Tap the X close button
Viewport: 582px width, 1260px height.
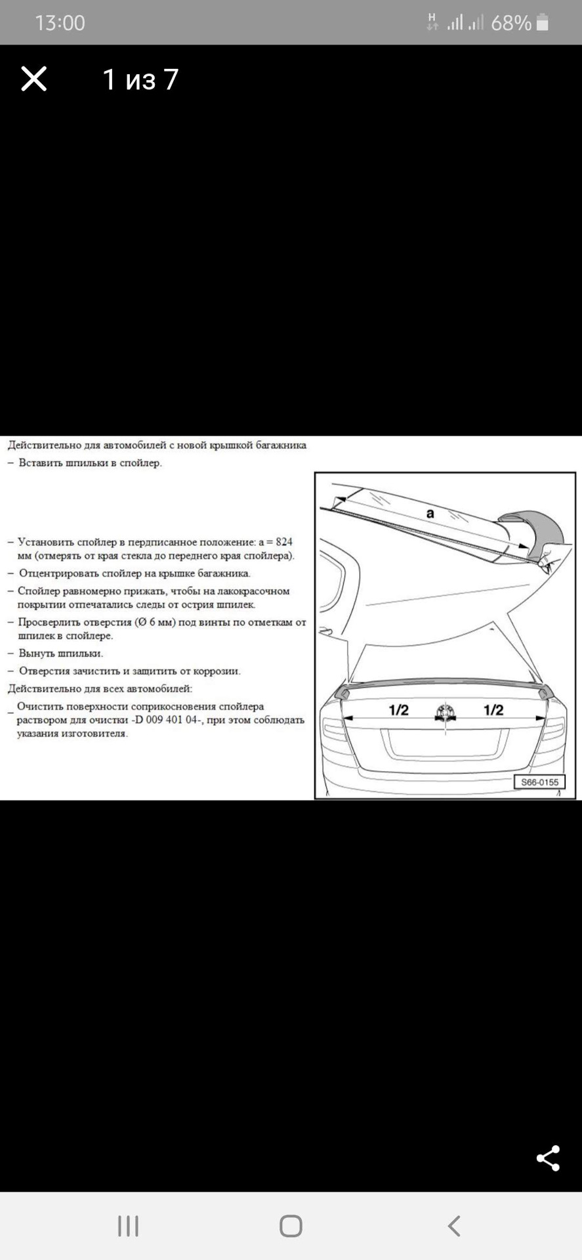point(33,79)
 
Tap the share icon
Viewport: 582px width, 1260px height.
point(548,1158)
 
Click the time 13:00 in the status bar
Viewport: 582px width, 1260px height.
point(60,23)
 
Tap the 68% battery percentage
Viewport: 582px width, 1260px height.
point(510,23)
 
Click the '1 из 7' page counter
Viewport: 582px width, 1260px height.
point(140,79)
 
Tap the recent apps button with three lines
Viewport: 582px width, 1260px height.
point(128,1225)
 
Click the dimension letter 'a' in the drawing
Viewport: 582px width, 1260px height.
point(430,513)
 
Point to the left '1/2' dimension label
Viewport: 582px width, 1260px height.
point(398,709)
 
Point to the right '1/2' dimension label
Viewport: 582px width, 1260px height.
point(493,709)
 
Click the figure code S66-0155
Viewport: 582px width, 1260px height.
point(539,782)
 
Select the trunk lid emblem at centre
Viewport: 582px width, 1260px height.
point(446,712)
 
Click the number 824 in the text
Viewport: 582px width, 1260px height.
point(284,542)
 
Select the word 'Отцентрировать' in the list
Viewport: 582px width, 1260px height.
point(58,574)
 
